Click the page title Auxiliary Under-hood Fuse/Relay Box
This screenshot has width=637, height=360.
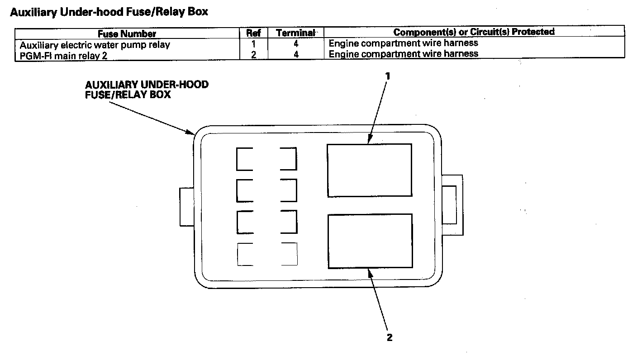point(109,12)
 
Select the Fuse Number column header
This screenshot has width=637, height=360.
point(127,33)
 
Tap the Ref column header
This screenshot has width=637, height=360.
point(253,33)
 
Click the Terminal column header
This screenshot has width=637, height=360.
point(295,33)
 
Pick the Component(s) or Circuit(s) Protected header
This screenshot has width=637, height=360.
point(474,32)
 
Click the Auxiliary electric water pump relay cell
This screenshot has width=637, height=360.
point(95,45)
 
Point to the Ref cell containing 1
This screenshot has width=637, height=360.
point(253,44)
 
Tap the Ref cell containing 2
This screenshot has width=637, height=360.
point(253,54)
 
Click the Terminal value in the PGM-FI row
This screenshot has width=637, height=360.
point(295,54)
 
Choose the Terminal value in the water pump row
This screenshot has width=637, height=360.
point(295,44)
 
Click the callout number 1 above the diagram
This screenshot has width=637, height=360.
point(387,76)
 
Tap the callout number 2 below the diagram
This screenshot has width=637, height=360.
point(390,337)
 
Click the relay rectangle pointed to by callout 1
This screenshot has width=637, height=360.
point(370,170)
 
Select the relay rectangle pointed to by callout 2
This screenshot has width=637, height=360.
point(370,241)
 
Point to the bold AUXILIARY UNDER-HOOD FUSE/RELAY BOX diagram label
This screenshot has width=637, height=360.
point(147,90)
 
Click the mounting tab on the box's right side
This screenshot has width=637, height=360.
point(451,205)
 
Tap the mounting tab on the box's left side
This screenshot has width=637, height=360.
point(186,207)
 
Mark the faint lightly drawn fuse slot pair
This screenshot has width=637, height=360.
point(267,254)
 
